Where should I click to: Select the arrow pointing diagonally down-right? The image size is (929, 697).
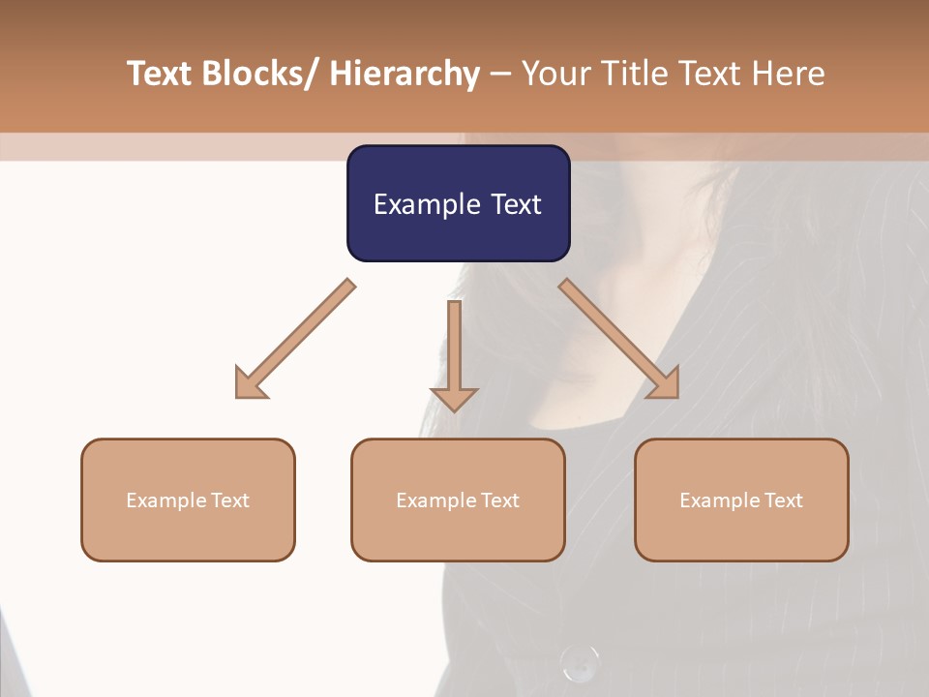[x=619, y=339]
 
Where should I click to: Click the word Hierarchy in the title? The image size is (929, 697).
[x=405, y=74]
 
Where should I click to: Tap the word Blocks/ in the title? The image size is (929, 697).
[x=262, y=74]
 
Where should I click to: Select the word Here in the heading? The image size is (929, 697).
[x=789, y=74]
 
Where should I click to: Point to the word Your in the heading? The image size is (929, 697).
[x=555, y=74]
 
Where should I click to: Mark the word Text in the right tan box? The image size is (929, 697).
[x=782, y=500]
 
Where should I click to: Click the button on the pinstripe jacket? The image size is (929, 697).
[x=580, y=663]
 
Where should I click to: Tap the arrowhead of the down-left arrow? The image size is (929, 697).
[x=251, y=383]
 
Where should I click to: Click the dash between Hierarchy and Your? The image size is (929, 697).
[x=500, y=75]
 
